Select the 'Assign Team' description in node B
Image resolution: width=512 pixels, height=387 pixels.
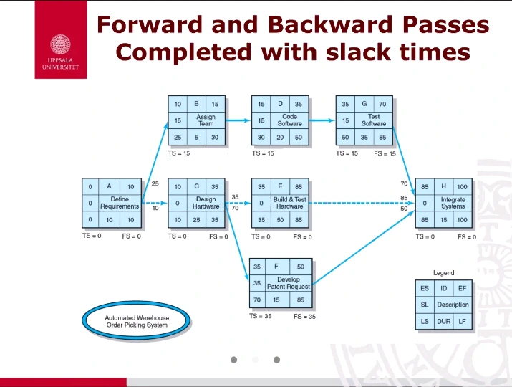[206, 120]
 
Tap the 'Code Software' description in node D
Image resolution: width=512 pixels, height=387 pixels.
[289, 120]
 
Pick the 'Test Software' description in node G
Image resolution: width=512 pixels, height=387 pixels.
[373, 120]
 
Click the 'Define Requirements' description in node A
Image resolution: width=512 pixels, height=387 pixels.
[120, 203]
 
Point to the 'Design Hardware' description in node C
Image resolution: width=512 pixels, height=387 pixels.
[206, 203]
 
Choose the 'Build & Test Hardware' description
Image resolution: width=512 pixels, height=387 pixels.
[289, 203]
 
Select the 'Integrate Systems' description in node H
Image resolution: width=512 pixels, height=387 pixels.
[453, 203]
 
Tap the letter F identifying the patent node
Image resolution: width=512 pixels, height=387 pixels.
[276, 267]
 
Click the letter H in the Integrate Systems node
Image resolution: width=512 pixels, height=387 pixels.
[444, 186]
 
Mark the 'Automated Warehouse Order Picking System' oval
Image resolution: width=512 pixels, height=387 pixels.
[137, 321]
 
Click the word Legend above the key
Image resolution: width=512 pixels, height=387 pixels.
[443, 273]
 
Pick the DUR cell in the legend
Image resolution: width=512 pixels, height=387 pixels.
[443, 322]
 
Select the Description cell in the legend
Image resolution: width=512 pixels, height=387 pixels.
[453, 305]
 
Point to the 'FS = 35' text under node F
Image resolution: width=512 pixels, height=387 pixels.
[304, 316]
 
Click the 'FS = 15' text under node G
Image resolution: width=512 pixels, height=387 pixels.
[385, 153]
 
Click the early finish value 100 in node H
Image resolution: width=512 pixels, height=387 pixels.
[462, 186]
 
